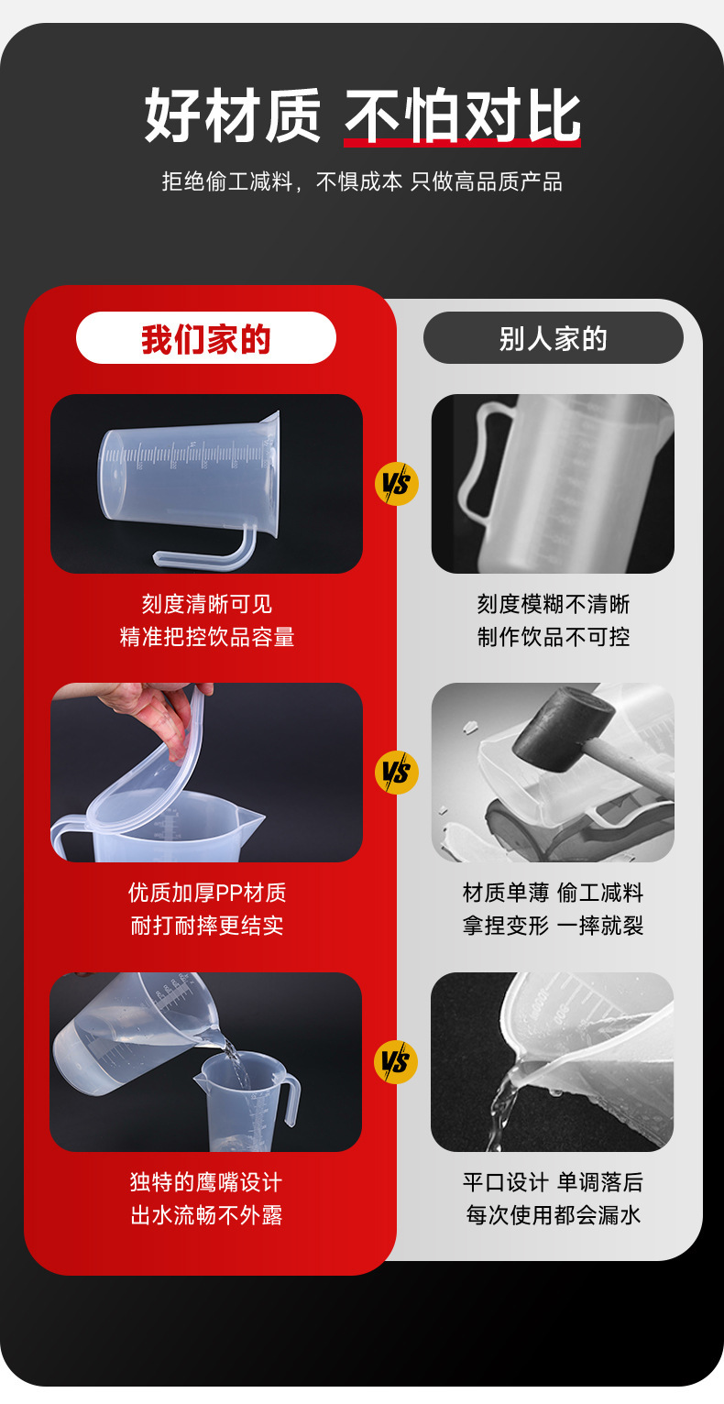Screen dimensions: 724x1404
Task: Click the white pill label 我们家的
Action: click(x=205, y=338)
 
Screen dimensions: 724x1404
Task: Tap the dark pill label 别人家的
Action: click(x=553, y=338)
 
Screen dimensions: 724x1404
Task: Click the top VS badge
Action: click(x=396, y=484)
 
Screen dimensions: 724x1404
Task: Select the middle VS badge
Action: click(x=396, y=773)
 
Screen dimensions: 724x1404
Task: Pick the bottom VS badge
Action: click(x=396, y=1062)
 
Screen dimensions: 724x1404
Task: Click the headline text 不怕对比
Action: click(x=463, y=115)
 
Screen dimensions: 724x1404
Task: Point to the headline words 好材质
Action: click(x=233, y=115)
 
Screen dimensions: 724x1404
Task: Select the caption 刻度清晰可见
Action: click(x=207, y=604)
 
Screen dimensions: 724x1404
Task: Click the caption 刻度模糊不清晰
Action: click(x=553, y=604)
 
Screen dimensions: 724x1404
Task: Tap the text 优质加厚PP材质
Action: click(x=207, y=893)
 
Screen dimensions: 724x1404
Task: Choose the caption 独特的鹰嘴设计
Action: click(x=207, y=1182)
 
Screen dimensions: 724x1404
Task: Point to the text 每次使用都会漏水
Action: click(x=553, y=1214)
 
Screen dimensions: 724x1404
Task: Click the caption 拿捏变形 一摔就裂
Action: click(x=553, y=925)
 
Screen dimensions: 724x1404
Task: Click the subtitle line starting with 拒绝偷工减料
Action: click(x=362, y=181)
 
